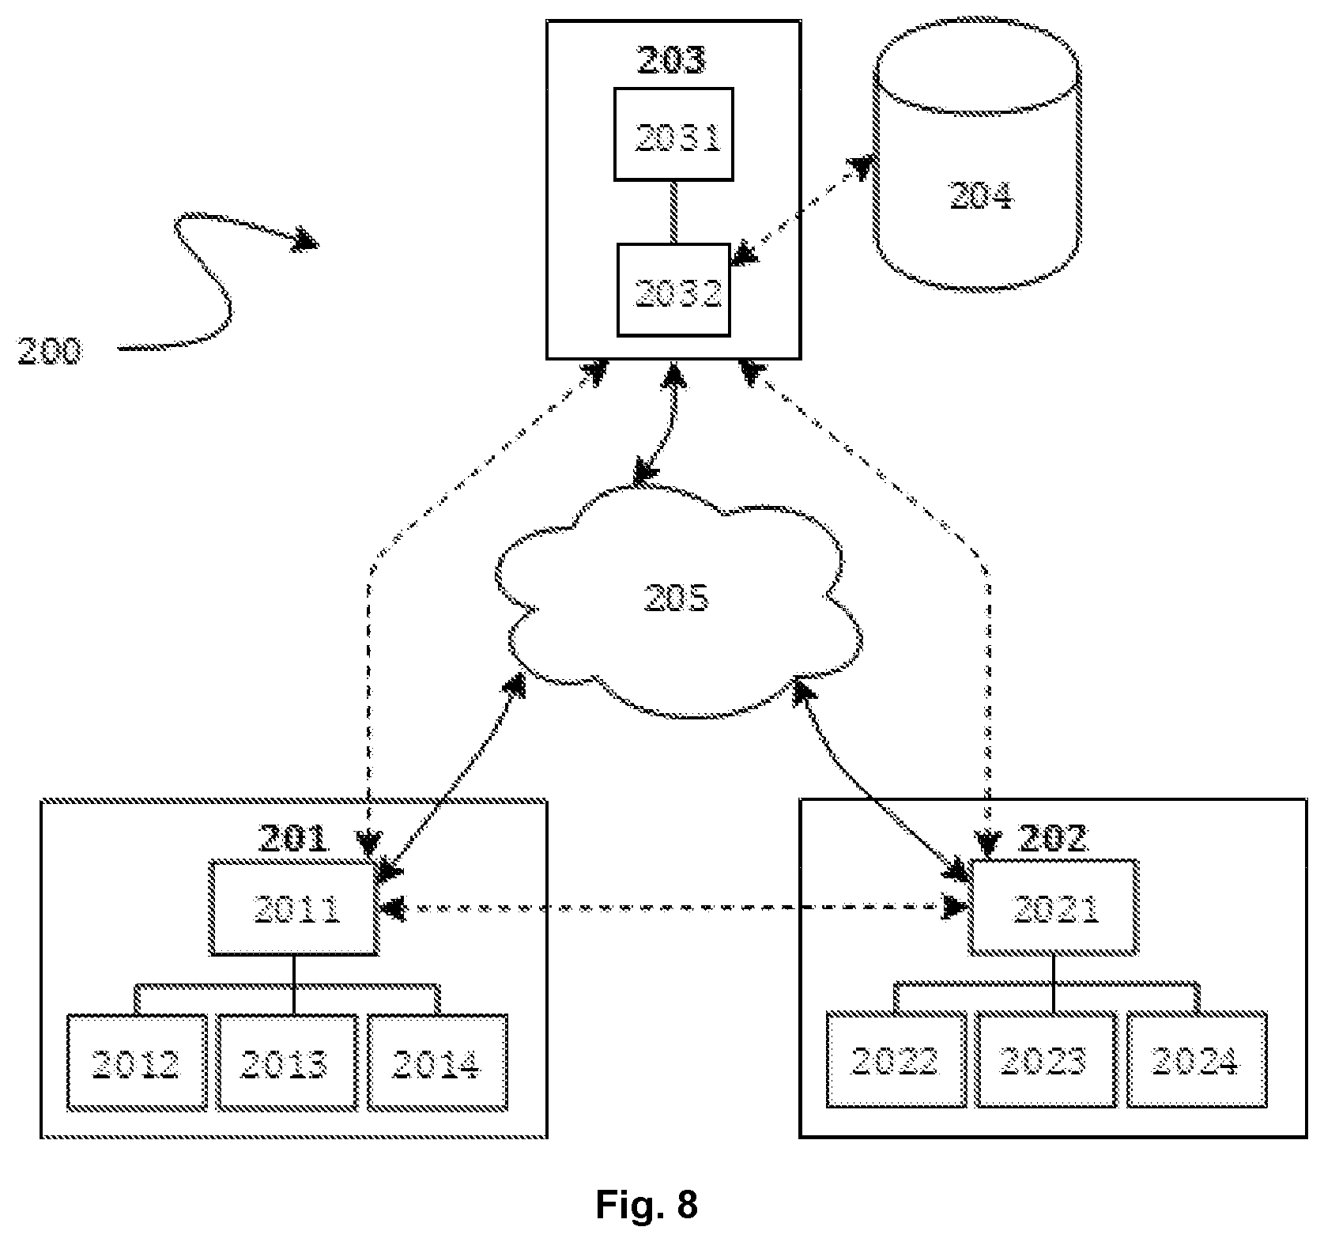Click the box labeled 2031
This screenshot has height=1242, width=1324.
(673, 134)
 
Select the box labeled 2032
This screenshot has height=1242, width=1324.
(673, 289)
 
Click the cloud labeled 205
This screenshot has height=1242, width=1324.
(677, 601)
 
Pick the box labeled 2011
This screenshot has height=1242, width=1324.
(293, 908)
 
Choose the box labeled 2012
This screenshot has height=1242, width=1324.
(137, 1062)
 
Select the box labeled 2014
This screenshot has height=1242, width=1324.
(436, 1062)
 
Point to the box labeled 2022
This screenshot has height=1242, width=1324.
(896, 1060)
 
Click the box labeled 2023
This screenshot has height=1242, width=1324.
(1047, 1060)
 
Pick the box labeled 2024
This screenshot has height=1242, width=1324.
(1197, 1060)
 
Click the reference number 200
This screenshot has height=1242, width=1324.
(50, 350)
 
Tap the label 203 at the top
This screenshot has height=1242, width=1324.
(671, 60)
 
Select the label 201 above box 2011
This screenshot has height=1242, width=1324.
(293, 839)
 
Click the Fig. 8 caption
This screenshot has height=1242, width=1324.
(647, 1205)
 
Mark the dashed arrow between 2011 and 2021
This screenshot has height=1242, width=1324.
(674, 908)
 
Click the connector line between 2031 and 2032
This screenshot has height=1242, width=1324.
(673, 212)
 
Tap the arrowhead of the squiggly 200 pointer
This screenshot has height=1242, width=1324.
(307, 240)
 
